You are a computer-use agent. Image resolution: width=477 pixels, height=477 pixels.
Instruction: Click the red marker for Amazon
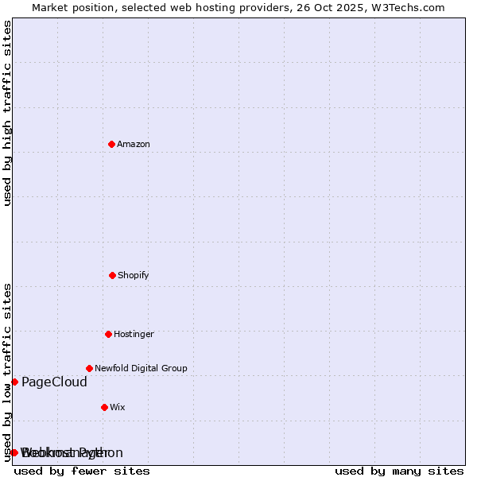pos(112,144)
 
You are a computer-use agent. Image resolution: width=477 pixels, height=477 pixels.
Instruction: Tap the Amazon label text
pos(134,144)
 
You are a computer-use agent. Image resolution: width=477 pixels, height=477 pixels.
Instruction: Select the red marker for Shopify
pos(112,275)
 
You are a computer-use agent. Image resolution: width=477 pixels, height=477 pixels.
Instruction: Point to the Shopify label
pos(134,275)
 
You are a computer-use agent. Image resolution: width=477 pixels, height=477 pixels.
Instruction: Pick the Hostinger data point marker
pos(108,334)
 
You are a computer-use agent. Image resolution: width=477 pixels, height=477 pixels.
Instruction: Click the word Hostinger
pos(134,334)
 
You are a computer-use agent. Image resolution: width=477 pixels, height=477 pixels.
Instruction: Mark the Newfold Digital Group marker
pos(89,368)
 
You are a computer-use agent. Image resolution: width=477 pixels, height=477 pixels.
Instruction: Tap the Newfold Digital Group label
pos(141,368)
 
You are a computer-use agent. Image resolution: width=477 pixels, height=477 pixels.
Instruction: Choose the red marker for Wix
pos(104,407)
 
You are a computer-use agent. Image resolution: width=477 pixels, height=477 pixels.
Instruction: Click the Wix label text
pos(118,407)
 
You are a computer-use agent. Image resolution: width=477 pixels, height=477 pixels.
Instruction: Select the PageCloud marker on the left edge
pos(14,382)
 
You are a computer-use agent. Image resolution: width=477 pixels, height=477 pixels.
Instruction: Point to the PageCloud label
pos(54,382)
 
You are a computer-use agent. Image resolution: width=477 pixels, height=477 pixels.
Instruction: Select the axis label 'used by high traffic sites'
pos(8,113)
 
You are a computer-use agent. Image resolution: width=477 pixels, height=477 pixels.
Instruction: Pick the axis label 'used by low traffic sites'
pos(8,371)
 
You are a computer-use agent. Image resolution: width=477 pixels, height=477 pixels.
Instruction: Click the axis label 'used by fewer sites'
pos(82,471)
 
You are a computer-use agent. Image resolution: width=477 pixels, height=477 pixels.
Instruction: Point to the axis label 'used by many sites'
pos(399,471)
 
